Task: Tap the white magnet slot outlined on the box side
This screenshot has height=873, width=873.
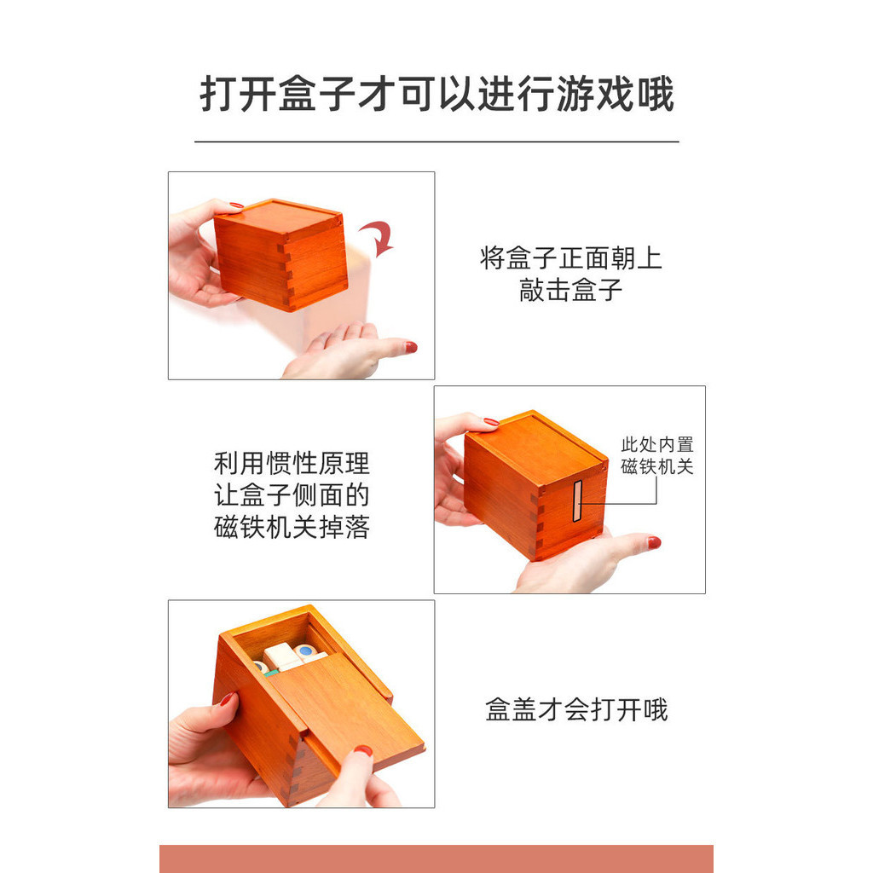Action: click(x=577, y=501)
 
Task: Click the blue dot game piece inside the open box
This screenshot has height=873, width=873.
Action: click(x=305, y=650)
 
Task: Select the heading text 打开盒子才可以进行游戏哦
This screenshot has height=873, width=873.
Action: click(x=436, y=94)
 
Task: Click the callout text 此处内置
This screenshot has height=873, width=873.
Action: click(x=657, y=445)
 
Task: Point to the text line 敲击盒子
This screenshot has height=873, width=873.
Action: click(x=570, y=290)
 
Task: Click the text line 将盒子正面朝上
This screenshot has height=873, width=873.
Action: click(x=570, y=258)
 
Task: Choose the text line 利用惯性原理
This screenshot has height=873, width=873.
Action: click(x=292, y=463)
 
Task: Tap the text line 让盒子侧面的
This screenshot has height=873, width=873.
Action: click(x=292, y=495)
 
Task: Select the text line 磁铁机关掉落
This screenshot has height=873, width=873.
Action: click(x=292, y=527)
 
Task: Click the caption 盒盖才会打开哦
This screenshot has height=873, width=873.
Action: click(x=576, y=710)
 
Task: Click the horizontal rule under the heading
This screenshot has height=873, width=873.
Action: click(x=436, y=142)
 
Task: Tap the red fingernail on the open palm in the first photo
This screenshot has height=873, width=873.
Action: click(x=411, y=348)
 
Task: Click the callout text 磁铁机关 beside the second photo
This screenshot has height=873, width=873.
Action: click(x=657, y=466)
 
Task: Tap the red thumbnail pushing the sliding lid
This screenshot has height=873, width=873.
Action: click(x=363, y=750)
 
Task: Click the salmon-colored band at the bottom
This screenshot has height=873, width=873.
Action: click(x=436, y=859)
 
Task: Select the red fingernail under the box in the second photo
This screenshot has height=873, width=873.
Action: click(x=654, y=542)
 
